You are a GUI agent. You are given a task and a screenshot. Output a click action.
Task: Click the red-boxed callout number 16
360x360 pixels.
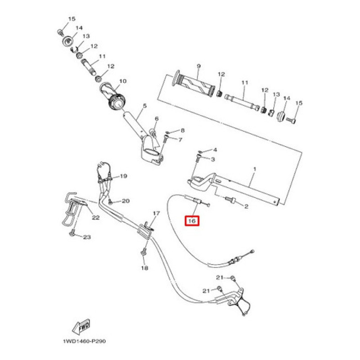click(192, 221)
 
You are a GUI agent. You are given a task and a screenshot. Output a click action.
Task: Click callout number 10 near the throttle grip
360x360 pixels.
click(122, 82)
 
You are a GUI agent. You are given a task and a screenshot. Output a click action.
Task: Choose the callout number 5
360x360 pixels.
click(145, 106)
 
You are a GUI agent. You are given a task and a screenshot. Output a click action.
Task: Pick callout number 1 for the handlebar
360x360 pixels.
click(254, 169)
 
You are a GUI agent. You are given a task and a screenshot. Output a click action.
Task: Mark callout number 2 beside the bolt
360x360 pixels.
click(246, 207)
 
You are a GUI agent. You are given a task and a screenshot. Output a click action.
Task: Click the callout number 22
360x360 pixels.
click(95, 218)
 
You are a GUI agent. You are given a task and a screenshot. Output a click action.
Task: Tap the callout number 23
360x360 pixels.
click(87, 237)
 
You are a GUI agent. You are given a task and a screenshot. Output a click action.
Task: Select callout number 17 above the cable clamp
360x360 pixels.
click(156, 213)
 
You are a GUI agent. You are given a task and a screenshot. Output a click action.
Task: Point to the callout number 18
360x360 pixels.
click(144, 268)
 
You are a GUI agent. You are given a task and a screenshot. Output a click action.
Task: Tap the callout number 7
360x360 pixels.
click(180, 140)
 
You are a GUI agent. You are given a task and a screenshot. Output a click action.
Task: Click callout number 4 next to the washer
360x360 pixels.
click(215, 149)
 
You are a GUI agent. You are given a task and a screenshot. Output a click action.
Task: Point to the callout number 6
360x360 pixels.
click(157, 119)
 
